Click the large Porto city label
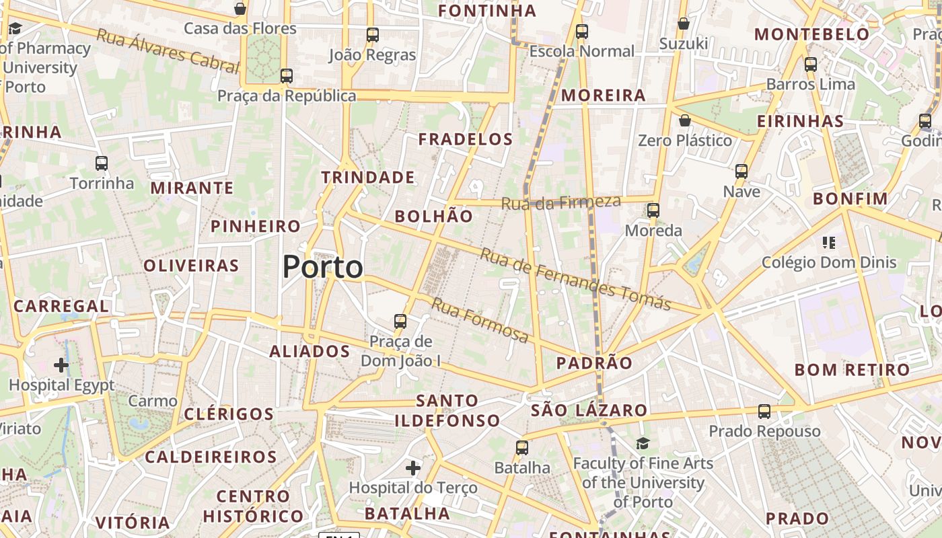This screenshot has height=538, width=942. pos(323,267)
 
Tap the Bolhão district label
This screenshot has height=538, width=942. pos(434,216)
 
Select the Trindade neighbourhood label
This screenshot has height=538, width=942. pos(367,178)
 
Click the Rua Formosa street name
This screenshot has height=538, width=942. pos(480,321)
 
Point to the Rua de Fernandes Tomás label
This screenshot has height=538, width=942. pos(575,279)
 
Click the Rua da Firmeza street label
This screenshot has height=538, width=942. pos(561,202)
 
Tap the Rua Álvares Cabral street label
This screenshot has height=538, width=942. pos(168,50)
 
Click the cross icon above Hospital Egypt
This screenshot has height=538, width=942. pos(61,365)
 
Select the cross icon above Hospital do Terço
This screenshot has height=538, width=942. pos(413,467)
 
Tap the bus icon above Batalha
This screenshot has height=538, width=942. pos(522,447)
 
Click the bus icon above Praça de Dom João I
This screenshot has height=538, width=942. pos(400,321)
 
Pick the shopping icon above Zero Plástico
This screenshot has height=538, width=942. pos(684,120)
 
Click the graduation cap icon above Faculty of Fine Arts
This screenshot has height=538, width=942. pos(643,443)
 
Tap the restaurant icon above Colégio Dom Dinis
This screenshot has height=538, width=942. pos(828,242)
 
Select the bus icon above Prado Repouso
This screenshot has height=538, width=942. pos(764,411)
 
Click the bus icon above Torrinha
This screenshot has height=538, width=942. pos(102,163)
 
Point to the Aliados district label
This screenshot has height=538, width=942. pos(310,351)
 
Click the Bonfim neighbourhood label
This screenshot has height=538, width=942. pos(850,199)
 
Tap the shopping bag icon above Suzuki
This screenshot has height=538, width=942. pos(684,24)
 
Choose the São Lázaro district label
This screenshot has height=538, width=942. pos(589,410)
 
